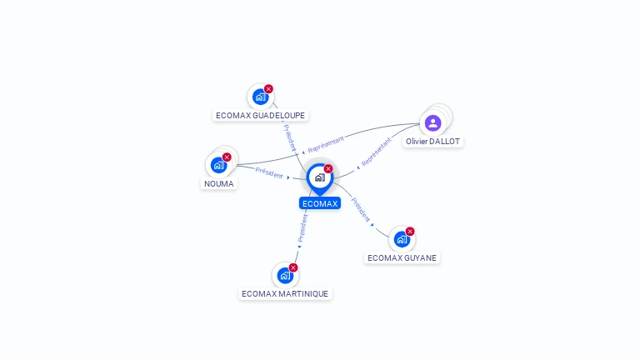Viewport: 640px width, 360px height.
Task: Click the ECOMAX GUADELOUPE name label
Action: pos(260,116)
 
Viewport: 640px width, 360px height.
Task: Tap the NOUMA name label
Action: pos(219,183)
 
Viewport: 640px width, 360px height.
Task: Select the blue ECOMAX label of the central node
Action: pos(320,203)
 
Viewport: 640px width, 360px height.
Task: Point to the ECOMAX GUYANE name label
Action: pos(402,257)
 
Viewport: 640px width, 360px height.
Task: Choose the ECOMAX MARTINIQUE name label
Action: pos(285,293)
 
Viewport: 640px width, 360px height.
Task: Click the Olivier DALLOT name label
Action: pos(432,142)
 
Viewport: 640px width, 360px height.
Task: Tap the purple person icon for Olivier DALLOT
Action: pos(432,123)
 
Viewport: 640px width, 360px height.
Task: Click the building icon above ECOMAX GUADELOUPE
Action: pos(260,97)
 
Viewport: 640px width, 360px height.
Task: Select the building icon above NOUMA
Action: pos(218,165)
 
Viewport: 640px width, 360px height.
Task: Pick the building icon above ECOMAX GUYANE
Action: pos(402,239)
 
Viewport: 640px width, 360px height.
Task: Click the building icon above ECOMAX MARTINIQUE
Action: pos(285,275)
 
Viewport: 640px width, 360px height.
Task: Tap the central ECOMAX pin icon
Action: pos(320,177)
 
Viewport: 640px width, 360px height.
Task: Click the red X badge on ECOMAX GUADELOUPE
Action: pos(268,89)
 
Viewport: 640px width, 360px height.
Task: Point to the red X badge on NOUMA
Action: pos(227,157)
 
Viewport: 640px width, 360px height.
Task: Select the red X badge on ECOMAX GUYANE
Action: pos(410,232)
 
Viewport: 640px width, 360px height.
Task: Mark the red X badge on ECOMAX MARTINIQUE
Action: pos(293,267)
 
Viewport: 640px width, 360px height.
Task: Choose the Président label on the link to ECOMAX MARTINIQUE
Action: pos(302,227)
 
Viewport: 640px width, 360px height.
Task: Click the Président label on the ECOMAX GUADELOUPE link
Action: pos(289,137)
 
